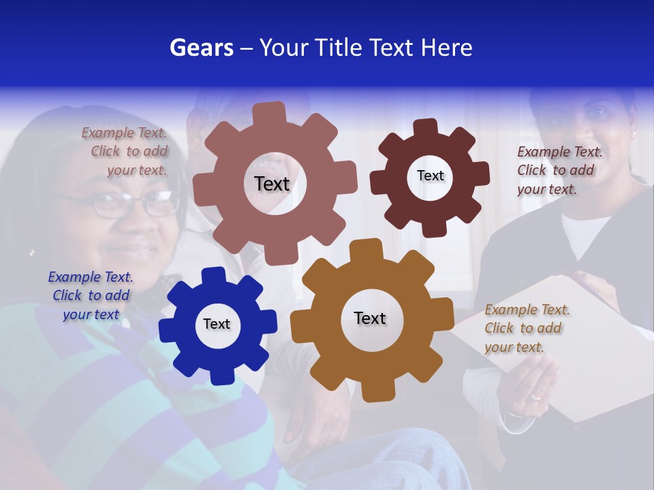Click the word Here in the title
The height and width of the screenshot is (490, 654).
[446, 48]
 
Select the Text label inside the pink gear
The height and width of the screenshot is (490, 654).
[272, 184]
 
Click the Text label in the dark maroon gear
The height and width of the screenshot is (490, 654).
[430, 176]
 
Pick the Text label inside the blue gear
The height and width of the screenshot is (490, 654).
[217, 324]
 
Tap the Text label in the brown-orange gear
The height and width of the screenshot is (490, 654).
[370, 318]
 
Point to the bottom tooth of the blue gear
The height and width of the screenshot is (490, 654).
[219, 375]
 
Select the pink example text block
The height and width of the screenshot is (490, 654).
[125, 152]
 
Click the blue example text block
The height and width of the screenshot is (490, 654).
[90, 295]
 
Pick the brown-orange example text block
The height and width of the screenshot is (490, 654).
[526, 329]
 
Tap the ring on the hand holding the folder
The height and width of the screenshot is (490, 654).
[536, 395]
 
